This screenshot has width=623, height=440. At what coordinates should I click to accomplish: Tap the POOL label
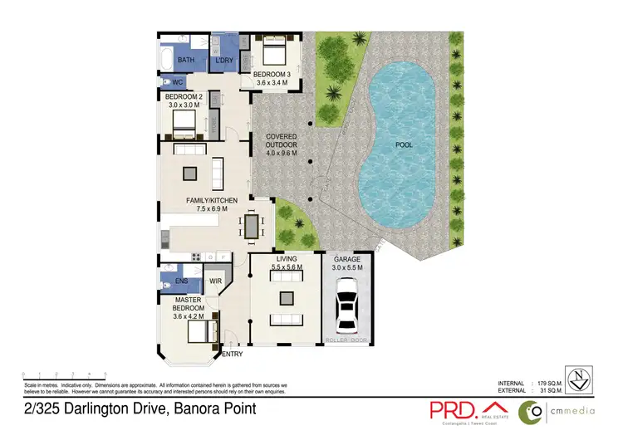[x=405, y=144]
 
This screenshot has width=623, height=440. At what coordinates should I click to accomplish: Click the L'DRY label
[x=223, y=61]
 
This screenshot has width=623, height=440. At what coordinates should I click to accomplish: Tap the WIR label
[x=214, y=281]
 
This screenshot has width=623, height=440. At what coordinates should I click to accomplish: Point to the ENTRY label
[x=233, y=354]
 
